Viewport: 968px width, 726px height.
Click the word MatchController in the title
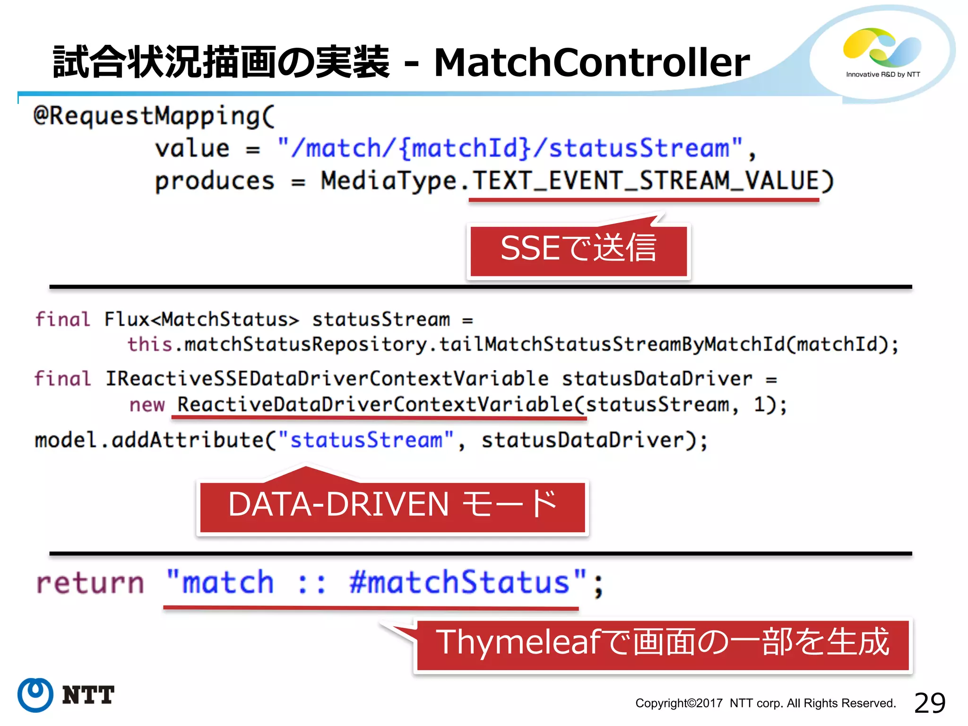click(591, 62)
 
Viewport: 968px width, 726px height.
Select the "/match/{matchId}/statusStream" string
click(510, 148)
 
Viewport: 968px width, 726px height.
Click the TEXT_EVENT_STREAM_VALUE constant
click(645, 181)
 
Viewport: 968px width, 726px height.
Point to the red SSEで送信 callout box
click(579, 250)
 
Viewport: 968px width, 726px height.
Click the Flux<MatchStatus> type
click(201, 320)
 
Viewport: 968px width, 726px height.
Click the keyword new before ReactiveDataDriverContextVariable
click(147, 405)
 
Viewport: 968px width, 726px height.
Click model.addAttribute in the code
click(149, 440)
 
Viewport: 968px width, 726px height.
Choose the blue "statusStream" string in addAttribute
click(366, 440)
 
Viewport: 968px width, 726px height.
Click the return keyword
click(90, 582)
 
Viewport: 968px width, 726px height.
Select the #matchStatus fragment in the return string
click(458, 582)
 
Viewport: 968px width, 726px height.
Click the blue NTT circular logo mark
click(35, 695)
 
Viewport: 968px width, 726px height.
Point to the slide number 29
click(929, 703)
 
